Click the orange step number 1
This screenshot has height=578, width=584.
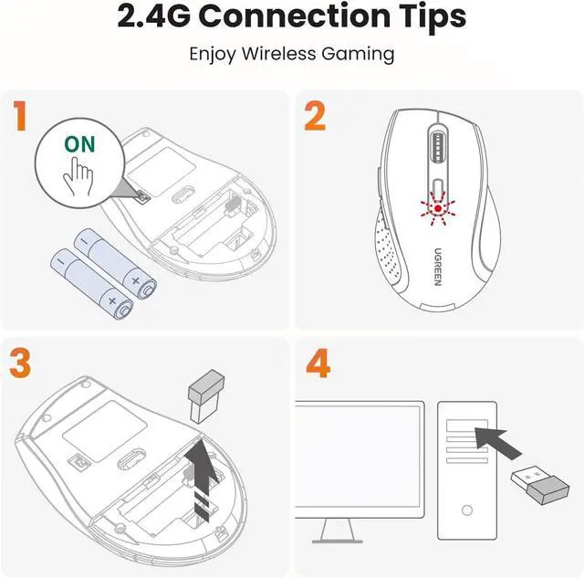[20, 116]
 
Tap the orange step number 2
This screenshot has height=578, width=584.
[315, 116]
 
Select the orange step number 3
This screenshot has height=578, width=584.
[20, 363]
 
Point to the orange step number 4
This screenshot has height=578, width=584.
[318, 363]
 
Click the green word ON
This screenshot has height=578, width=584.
[79, 144]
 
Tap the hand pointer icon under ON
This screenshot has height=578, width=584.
[78, 176]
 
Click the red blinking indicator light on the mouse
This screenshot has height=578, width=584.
[438, 208]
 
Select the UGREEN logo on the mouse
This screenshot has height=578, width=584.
[438, 267]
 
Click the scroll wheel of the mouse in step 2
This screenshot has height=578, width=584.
[438, 147]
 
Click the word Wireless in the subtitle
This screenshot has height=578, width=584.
[278, 54]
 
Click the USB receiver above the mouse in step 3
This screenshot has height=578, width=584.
[206, 396]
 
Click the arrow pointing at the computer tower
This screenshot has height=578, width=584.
[498, 443]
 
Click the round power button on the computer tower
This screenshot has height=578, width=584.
[466, 510]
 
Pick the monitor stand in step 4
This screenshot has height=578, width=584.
[337, 531]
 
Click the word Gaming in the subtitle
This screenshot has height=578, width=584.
[358, 55]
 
